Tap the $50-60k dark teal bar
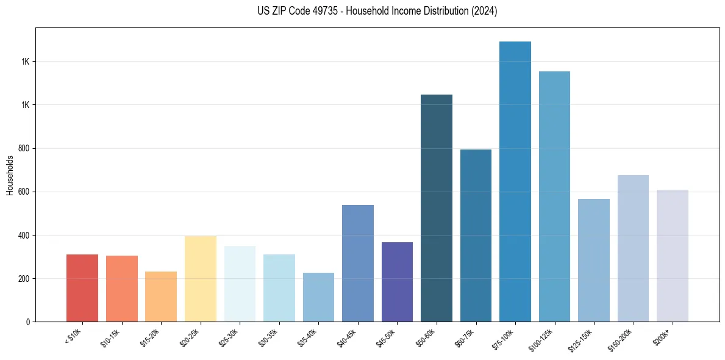(x=437, y=208)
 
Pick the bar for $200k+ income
(x=672, y=256)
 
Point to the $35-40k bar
(x=318, y=297)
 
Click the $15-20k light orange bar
(x=161, y=297)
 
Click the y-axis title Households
(x=10, y=175)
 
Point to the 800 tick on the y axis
(x=25, y=148)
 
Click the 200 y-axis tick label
(x=25, y=279)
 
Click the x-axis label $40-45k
(x=347, y=337)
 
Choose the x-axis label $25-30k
(x=229, y=337)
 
